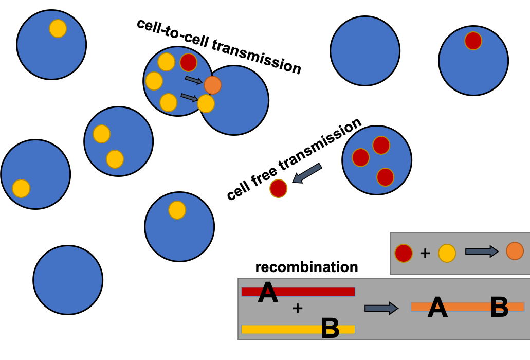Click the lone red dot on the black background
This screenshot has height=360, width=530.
[x=278, y=188]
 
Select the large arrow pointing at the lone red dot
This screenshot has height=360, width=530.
[x=307, y=173]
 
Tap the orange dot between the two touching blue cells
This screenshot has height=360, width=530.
[x=212, y=85]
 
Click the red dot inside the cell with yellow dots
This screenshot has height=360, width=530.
[x=188, y=62]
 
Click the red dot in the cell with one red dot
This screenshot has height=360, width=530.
[x=473, y=41]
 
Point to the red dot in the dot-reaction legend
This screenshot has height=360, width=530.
[x=404, y=253]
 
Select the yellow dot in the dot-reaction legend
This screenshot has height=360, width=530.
[x=447, y=253]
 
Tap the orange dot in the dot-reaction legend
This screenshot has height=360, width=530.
[x=515, y=251]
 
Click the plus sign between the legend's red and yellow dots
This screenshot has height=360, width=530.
[x=425, y=253]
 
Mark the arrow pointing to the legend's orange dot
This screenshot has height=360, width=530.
[x=482, y=251]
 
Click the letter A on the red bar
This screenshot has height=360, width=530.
[x=268, y=293]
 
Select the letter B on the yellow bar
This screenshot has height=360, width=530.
[x=330, y=329]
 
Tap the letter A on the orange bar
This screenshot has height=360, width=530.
[x=437, y=308]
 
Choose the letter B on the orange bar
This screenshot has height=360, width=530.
[x=499, y=308]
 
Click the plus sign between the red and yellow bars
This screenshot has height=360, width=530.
[x=298, y=309]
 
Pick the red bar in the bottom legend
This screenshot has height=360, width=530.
[x=319, y=292]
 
